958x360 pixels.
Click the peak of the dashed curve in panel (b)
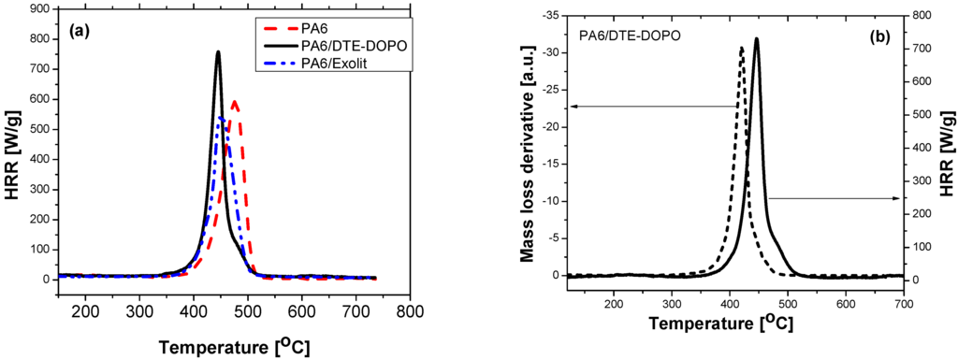[742, 47]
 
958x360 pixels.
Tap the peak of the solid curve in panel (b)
[756, 38]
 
